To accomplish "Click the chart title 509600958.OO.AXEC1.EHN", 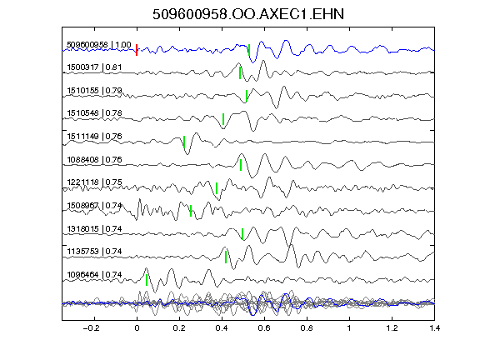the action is click(x=248, y=14).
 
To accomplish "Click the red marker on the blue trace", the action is click(x=137, y=50).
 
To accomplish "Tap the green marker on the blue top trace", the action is click(x=249, y=50).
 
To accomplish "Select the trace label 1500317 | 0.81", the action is click(x=94, y=67).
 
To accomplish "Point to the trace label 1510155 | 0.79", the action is click(x=94, y=91).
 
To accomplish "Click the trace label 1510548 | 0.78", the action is click(x=94, y=113).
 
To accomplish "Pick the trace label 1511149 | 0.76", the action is click(x=94, y=136).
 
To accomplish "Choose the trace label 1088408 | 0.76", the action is click(x=94, y=159).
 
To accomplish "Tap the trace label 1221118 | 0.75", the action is click(x=94, y=182).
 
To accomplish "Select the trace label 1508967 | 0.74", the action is click(x=94, y=205).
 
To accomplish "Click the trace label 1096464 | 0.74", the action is click(x=94, y=275).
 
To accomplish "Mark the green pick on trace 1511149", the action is click(x=184, y=142).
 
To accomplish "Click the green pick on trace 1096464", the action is click(x=147, y=280).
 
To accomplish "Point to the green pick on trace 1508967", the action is click(x=191, y=211).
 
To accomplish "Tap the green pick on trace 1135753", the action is click(x=226, y=257).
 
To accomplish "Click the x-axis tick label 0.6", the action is click(x=264, y=328).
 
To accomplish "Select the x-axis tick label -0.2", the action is click(x=92, y=328).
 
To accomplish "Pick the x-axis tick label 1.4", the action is click(x=434, y=328).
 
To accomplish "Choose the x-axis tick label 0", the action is click(x=137, y=328).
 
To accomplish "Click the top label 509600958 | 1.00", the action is click(x=99, y=45).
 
